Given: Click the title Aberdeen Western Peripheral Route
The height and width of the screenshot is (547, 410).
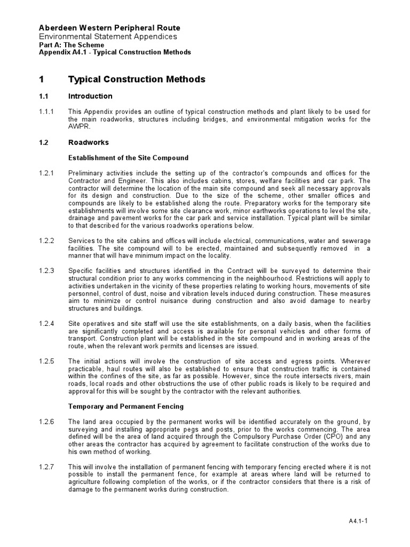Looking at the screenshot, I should (109, 28).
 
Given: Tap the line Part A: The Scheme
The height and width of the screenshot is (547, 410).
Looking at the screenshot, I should (72, 45).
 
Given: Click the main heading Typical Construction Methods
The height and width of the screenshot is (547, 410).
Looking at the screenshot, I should (137, 79).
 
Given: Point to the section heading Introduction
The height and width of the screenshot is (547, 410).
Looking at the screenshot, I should (90, 96).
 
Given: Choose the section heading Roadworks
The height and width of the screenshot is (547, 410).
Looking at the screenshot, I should (88, 143).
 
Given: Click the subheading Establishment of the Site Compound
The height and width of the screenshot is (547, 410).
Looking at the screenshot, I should (128, 158).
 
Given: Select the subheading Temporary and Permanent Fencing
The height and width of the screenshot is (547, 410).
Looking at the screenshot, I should (125, 407).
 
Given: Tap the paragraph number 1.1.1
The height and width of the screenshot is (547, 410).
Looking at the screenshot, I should (46, 112).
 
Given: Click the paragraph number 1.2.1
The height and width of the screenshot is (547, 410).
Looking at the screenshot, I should (46, 173).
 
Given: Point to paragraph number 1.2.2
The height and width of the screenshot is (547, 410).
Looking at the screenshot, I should (46, 241).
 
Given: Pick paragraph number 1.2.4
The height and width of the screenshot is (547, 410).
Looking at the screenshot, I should (46, 324).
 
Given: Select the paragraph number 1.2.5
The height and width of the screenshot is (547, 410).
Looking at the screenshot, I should (46, 361).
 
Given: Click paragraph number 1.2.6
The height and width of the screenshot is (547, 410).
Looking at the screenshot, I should (46, 422).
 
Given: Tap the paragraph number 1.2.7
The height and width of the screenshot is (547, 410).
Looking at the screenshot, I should (46, 467).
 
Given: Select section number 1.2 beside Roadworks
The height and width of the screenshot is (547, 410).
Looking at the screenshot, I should (44, 143).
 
